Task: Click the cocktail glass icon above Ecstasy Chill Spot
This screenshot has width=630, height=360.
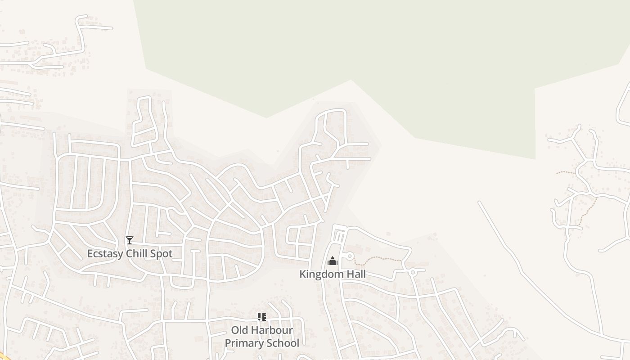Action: pos(130,240)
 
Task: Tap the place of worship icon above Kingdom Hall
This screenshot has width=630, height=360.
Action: pos(333,261)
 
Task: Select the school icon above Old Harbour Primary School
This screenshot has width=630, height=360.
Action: pos(262,317)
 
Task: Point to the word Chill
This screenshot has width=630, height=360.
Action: pos(137,253)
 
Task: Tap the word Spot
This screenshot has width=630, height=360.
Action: pos(161,253)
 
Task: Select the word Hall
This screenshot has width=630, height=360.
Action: pos(355,274)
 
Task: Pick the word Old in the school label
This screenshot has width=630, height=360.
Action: pos(240,330)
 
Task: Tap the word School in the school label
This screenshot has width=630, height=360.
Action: pos(282,343)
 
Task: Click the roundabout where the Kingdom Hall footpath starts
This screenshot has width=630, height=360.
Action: pos(350,256)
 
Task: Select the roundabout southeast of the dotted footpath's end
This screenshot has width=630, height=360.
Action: pos(412,272)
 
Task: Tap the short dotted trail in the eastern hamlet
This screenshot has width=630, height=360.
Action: pos(565,172)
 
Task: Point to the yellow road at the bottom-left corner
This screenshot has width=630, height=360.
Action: pos(4,357)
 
